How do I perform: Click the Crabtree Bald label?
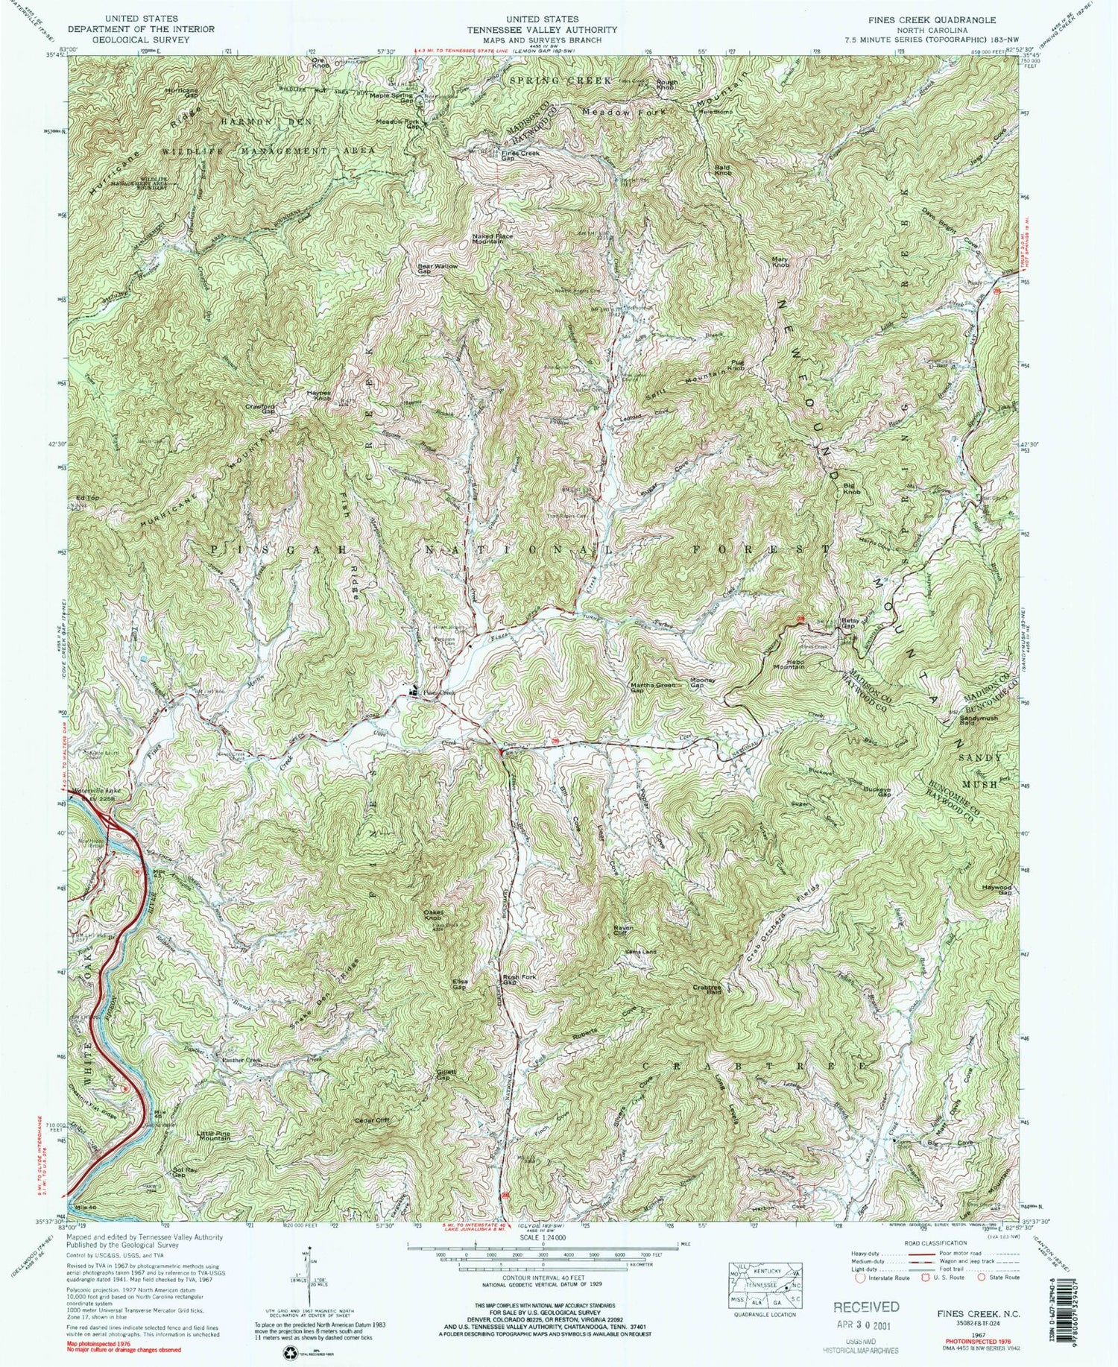point(704,991)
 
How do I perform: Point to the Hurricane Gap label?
point(182,92)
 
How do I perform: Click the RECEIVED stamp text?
point(866,1307)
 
